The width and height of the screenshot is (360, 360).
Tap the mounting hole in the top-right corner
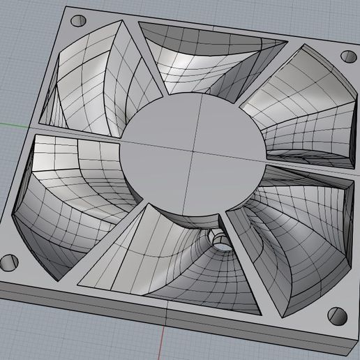pyautogui.click(x=347, y=56)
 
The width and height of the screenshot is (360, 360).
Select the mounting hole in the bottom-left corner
pyautogui.click(x=8, y=263)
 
